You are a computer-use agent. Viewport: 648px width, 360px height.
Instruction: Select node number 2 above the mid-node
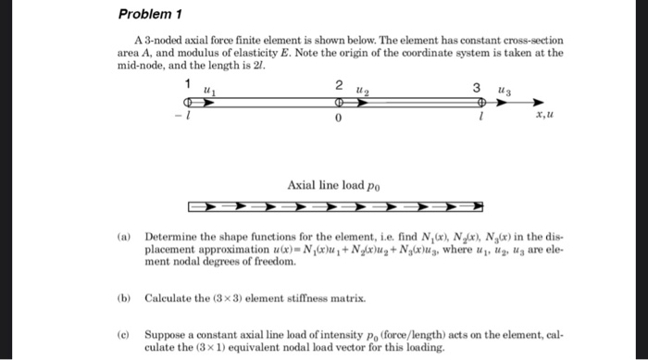pos(339,85)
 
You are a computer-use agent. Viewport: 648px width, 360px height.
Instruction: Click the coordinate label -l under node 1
pos(187,118)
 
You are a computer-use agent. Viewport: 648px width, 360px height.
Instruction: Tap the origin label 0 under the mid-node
pos(339,119)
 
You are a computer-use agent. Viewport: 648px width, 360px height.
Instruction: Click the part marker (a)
pos(122,236)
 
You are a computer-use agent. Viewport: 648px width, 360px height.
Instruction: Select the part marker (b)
pos(122,298)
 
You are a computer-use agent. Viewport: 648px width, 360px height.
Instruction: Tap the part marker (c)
pos(122,330)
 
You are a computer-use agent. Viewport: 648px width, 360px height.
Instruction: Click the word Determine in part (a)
pos(169,236)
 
